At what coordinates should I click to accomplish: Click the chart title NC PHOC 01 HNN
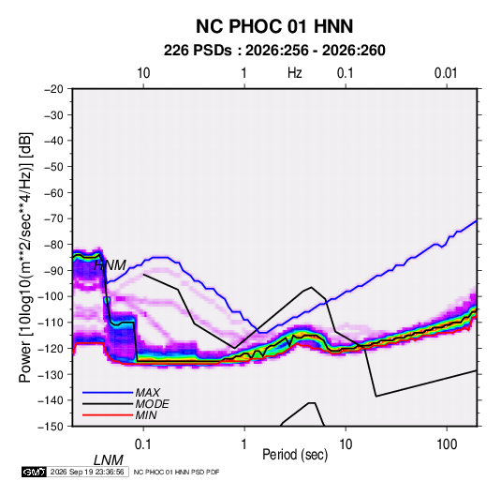[274, 26]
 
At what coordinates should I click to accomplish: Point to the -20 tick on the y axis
[53, 89]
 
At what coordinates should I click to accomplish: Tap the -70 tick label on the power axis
[53, 218]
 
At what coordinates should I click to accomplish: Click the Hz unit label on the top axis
[295, 73]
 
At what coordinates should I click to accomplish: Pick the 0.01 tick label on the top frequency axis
[446, 73]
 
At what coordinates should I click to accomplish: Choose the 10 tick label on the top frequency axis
[143, 73]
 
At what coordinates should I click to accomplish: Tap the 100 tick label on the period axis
[447, 443]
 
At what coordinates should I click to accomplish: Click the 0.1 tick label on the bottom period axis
[143, 443]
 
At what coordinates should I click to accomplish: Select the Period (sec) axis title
[295, 455]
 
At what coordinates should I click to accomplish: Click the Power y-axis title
[25, 257]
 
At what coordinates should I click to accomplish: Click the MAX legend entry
[147, 393]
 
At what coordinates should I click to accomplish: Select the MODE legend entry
[152, 404]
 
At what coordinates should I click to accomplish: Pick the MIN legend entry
[146, 415]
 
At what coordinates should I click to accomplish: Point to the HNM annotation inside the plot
[110, 265]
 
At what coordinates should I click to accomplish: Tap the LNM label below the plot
[108, 460]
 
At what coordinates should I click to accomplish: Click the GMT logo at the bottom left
[34, 472]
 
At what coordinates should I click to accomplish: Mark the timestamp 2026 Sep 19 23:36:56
[87, 472]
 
